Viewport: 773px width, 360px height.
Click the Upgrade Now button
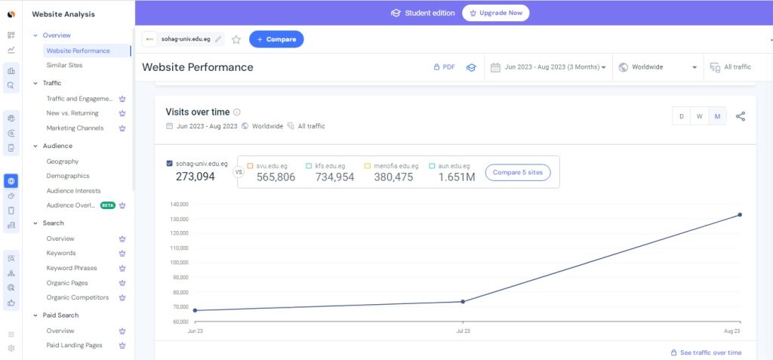pos(495,13)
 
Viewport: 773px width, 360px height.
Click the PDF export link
pos(444,67)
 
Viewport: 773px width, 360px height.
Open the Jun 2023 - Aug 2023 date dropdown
pos(549,67)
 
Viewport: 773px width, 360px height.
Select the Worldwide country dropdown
pos(657,67)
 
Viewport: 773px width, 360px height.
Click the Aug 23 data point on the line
pos(740,215)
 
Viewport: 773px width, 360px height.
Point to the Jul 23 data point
pos(463,302)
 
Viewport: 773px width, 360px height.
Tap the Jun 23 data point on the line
pos(195,310)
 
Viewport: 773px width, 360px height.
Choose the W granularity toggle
pos(700,116)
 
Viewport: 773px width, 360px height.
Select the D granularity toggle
pos(682,116)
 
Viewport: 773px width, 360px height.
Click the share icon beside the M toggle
pos(741,116)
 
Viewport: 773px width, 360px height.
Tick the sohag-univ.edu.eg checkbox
pos(169,163)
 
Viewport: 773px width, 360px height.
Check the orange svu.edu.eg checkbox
pos(251,165)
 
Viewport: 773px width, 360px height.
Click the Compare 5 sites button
pos(517,173)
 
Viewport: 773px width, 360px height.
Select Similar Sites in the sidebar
pos(64,66)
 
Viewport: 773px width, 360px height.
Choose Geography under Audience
pos(63,162)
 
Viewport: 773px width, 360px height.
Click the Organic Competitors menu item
pos(78,297)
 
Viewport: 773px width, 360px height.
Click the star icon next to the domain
pos(236,39)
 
